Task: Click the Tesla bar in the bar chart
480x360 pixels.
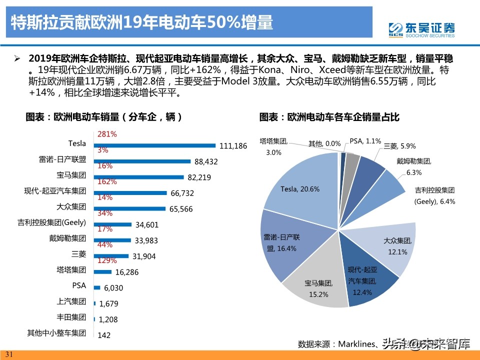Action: (x=155, y=145)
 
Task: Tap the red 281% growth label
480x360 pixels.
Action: (x=107, y=134)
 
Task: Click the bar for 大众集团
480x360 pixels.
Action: (x=130, y=208)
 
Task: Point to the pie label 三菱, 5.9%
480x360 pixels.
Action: (x=400, y=146)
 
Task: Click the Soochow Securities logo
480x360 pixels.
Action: (x=422, y=28)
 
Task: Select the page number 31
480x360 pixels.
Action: (x=10, y=354)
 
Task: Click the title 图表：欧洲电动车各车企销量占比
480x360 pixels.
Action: (x=329, y=117)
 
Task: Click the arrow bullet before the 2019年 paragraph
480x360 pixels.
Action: (x=17, y=58)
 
